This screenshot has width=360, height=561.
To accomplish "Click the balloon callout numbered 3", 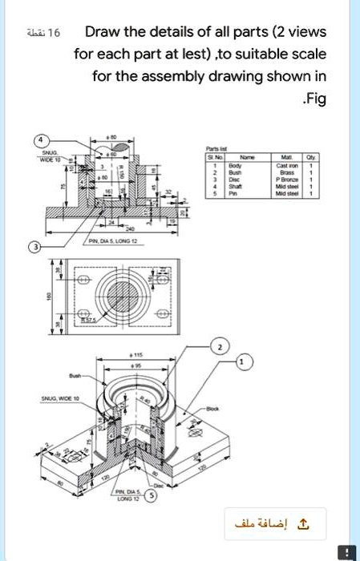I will (x=34, y=246).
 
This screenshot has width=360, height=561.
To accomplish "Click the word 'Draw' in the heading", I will (x=103, y=33).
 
